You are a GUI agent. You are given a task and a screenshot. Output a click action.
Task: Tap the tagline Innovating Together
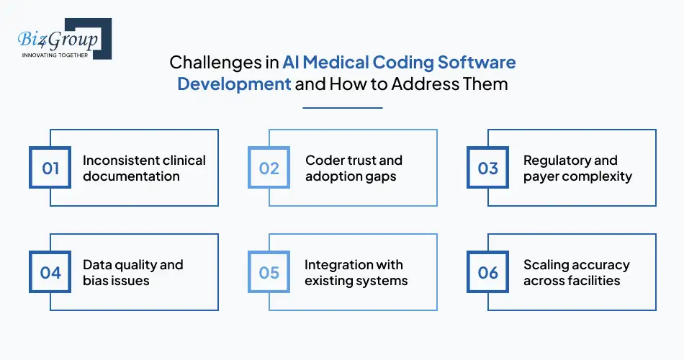coord(55,54)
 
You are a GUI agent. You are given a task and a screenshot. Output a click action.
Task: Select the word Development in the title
coord(234,84)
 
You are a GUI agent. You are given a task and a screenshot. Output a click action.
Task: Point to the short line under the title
coord(342,108)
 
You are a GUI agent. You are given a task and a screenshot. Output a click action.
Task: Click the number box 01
coord(50,168)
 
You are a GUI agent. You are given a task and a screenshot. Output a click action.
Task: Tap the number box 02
coord(269,168)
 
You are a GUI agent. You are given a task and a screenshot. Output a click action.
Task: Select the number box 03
coord(488,168)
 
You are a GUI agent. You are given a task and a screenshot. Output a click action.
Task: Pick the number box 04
coord(50,272)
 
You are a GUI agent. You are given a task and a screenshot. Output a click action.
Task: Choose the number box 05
coord(269,272)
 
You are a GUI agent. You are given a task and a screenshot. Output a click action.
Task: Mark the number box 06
coord(488,272)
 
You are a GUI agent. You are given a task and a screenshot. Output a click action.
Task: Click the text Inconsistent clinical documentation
coord(144,168)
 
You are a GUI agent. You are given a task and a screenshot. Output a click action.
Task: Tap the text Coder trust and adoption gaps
coord(354,168)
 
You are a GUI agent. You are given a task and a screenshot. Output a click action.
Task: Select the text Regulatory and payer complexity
coord(577,168)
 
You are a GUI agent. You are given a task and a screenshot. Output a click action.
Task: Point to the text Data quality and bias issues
coord(133,272)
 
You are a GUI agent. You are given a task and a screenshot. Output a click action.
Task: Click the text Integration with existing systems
coord(356,272)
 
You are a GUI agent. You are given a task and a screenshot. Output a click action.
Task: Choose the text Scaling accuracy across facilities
coord(576,272)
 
